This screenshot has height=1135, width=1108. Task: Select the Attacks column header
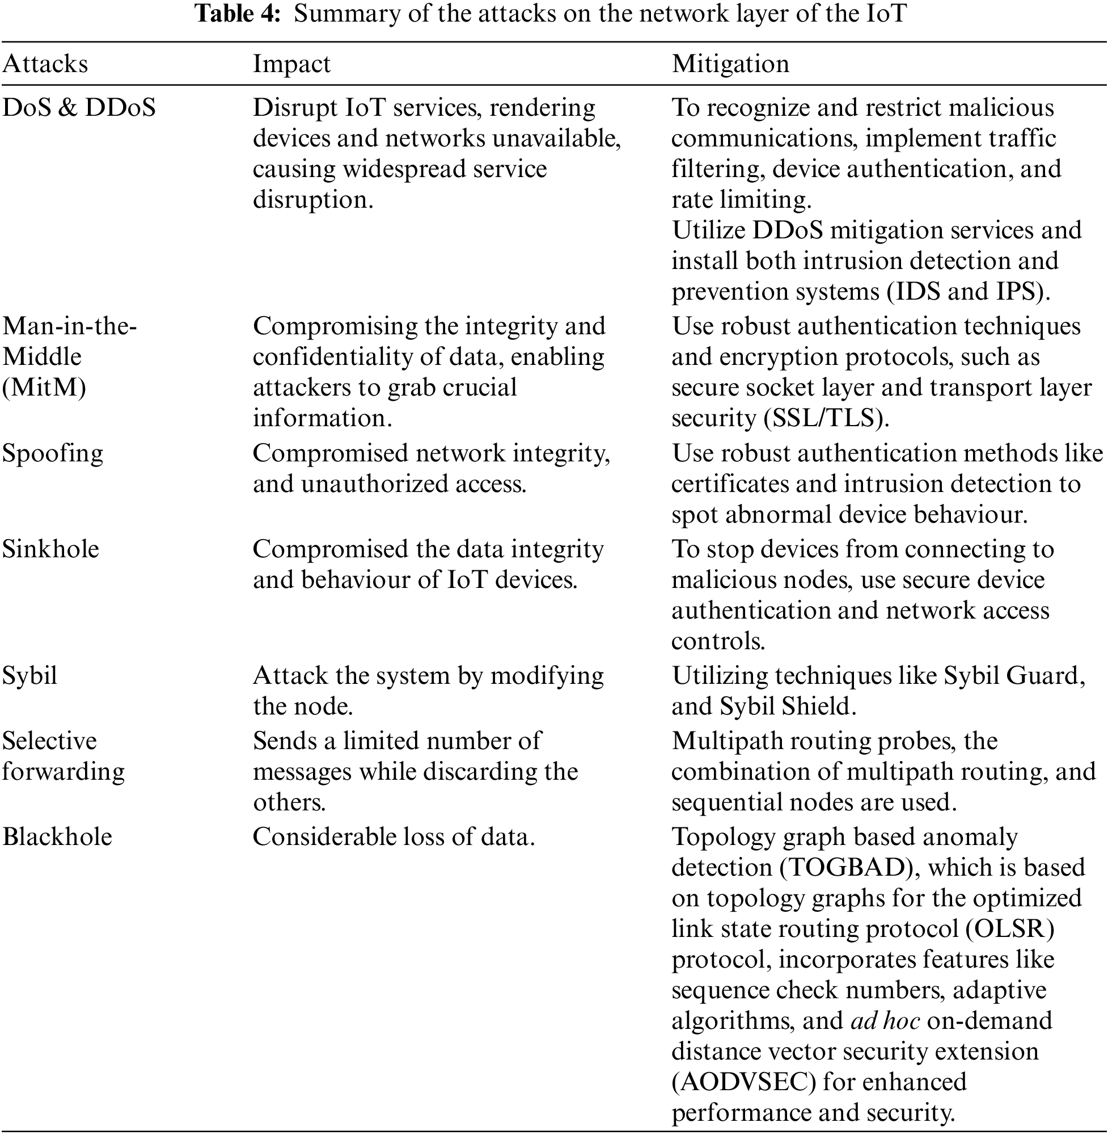[45, 64]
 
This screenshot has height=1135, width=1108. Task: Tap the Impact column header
[291, 64]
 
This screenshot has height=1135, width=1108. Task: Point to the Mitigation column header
[730, 64]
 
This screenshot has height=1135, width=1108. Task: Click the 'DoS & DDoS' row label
[79, 108]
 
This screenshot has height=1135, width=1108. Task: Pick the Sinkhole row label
[50, 550]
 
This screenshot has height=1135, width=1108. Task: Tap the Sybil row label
[29, 676]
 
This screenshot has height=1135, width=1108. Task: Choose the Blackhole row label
[57, 838]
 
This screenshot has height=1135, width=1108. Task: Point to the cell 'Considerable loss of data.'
[394, 838]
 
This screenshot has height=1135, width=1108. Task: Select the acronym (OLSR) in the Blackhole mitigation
[1009, 929]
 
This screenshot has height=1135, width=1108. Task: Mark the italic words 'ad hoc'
[885, 1021]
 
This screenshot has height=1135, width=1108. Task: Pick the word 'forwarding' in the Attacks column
[64, 772]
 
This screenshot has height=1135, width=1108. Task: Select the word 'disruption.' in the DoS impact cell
[312, 200]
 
